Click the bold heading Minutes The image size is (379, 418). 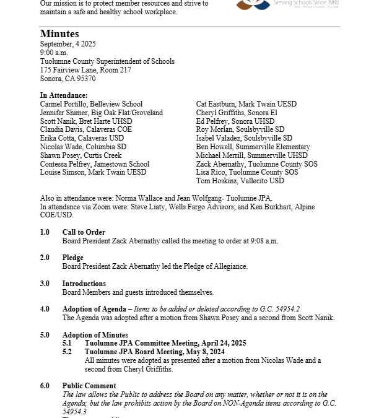(59, 33)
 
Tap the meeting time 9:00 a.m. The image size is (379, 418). (54, 53)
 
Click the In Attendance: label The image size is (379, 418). (64, 95)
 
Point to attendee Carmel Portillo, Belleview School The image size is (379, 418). (91, 104)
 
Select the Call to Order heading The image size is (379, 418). (84, 232)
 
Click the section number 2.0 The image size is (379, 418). (45, 258)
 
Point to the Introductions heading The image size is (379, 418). (84, 284)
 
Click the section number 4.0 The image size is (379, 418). (45, 309)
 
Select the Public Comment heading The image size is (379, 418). (89, 386)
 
